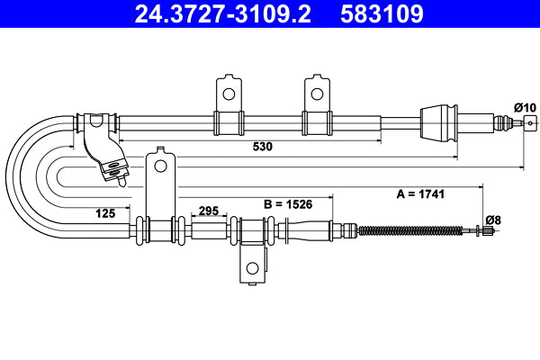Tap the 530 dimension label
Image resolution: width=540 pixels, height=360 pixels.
pos(263,146)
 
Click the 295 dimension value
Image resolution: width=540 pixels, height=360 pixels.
pos(209,211)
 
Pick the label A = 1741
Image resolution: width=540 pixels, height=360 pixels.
pos(421,193)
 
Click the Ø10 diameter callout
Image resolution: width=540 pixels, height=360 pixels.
pos(525,108)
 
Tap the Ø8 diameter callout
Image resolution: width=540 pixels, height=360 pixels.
pos(492,219)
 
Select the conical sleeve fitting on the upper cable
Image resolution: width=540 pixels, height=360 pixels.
pos(440,121)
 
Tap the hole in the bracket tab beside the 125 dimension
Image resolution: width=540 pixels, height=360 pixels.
pos(160,165)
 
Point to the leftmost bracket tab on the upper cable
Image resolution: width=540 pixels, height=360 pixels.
pos(228,93)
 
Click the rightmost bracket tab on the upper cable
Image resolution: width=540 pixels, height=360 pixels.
pos(316,93)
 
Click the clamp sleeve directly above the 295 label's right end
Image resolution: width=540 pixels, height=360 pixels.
pos(251,231)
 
